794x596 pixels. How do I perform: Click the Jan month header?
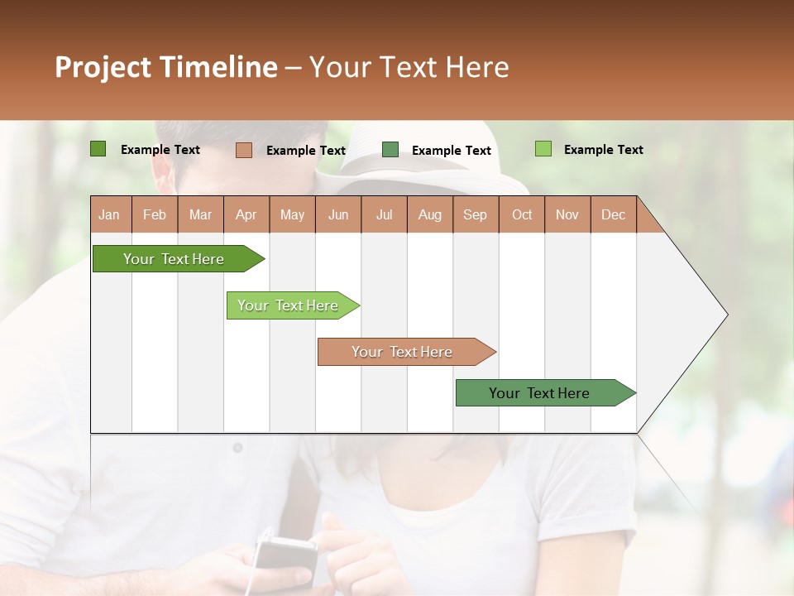(110, 214)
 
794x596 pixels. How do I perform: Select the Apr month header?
(246, 214)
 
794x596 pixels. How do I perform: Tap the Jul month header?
(384, 214)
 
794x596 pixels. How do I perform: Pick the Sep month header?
(476, 214)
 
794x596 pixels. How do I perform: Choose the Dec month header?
(613, 214)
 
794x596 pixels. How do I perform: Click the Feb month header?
(155, 214)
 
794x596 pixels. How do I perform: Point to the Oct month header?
(522, 214)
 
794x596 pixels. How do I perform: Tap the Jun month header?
(338, 214)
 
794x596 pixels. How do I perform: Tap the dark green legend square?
(98, 149)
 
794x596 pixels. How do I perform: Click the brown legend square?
(243, 150)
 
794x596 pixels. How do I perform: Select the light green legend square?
(543, 149)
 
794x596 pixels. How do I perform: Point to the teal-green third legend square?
(390, 150)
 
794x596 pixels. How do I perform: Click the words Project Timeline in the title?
(165, 67)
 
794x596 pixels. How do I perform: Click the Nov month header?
(567, 214)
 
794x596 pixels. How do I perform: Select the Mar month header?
(200, 214)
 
